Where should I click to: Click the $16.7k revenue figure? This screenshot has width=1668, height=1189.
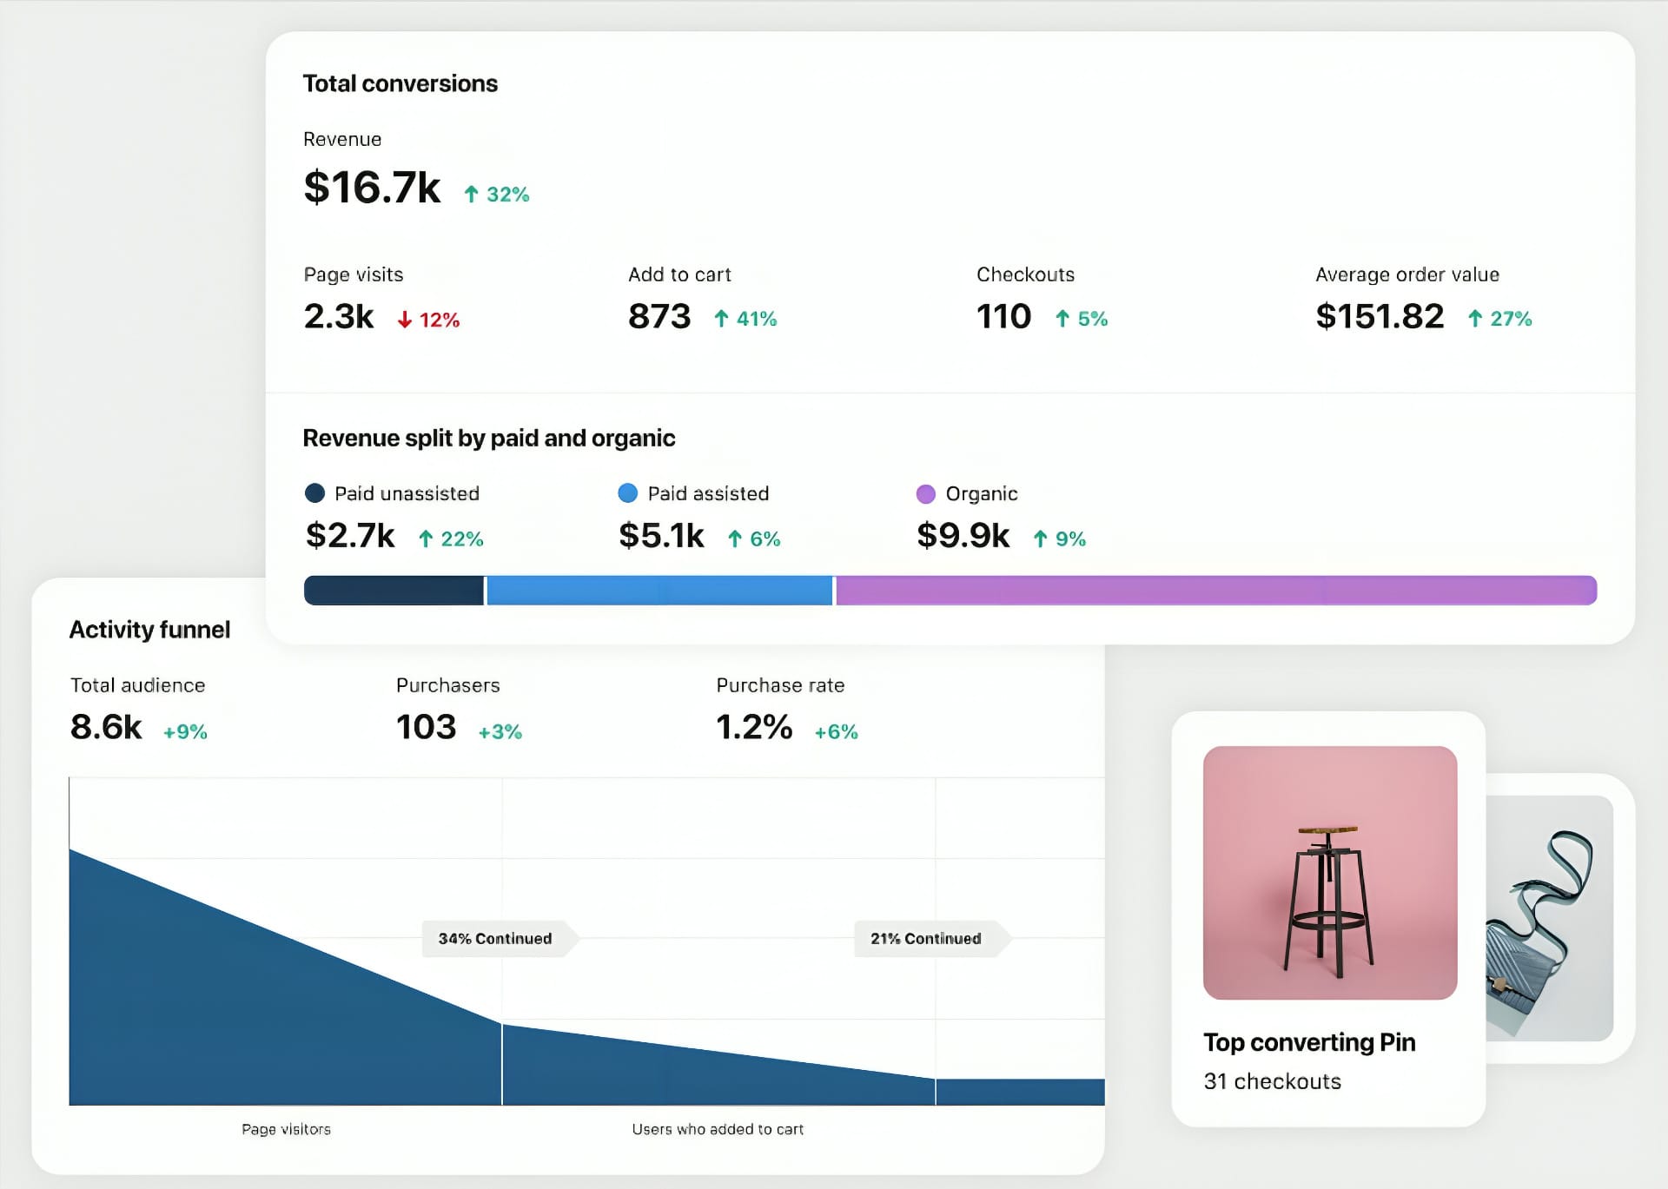[x=372, y=188]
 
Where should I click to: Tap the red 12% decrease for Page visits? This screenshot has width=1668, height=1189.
[x=429, y=320]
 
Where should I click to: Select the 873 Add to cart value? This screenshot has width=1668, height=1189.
[x=659, y=316]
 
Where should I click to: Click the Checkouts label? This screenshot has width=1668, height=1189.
[x=1025, y=274]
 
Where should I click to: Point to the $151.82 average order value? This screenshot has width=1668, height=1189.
[x=1380, y=316]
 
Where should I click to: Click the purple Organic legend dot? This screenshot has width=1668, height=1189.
[x=926, y=494]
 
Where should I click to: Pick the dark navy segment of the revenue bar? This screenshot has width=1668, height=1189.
[x=394, y=591]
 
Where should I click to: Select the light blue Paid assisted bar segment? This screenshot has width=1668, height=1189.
[x=659, y=591]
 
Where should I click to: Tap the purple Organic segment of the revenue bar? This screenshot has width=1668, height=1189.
[x=1216, y=591]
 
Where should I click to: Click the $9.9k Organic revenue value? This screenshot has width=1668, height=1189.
[x=963, y=536]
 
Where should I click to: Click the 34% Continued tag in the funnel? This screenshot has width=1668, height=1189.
[x=495, y=939]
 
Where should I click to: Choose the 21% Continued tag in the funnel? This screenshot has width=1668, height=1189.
[x=926, y=939]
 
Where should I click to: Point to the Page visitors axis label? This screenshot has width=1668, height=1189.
[x=286, y=1129]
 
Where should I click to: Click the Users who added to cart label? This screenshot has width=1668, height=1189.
[x=718, y=1129]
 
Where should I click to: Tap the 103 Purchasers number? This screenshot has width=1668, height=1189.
[x=426, y=727]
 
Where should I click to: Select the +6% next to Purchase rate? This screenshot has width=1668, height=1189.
[x=836, y=732]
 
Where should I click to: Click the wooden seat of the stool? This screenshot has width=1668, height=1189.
[x=1328, y=829]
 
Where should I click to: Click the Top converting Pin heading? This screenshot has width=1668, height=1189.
[x=1309, y=1042]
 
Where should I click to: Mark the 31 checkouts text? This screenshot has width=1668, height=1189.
[x=1272, y=1081]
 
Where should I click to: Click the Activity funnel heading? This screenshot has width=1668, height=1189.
[x=149, y=630]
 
